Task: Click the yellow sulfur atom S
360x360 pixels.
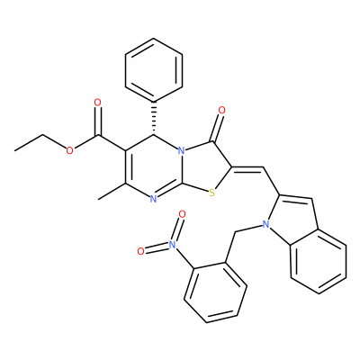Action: click(x=212, y=193)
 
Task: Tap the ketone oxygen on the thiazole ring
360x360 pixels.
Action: click(x=222, y=111)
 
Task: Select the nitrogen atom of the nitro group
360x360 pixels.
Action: click(x=172, y=244)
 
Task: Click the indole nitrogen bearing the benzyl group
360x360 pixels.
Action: click(x=265, y=224)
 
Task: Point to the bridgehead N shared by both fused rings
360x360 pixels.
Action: click(x=181, y=150)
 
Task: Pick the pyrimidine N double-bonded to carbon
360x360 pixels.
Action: click(x=153, y=199)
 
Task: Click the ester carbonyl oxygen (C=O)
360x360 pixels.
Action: click(x=97, y=103)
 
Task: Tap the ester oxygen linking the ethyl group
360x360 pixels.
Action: click(x=69, y=150)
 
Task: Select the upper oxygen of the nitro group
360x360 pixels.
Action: click(x=182, y=214)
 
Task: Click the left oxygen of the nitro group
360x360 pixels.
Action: click(x=140, y=251)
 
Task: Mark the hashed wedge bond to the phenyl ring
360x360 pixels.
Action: click(x=154, y=117)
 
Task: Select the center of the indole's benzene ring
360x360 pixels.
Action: click(x=318, y=262)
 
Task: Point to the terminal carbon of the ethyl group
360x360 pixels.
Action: click(x=14, y=150)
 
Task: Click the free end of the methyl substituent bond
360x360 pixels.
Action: click(x=98, y=199)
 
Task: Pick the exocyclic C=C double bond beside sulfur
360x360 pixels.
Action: click(x=247, y=168)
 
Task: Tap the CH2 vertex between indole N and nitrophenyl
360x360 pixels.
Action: click(x=236, y=232)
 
